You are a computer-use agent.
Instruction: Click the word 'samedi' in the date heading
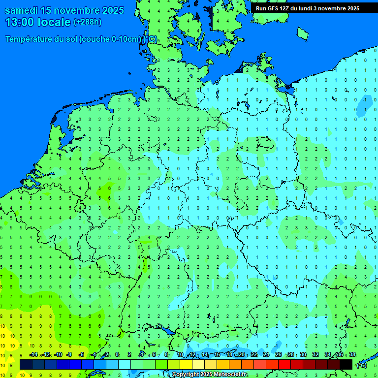click(x=22, y=10)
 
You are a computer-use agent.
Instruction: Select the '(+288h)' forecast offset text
click(x=87, y=22)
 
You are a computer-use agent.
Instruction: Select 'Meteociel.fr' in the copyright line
click(x=227, y=375)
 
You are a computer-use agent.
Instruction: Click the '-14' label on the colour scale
click(x=33, y=355)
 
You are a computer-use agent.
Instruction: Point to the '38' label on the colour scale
click(x=352, y=355)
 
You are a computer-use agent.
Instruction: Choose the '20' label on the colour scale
click(x=242, y=355)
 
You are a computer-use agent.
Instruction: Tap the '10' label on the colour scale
click(x=180, y=355)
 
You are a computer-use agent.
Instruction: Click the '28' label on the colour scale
click(x=291, y=355)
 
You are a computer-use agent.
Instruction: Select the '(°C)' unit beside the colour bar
click(x=361, y=365)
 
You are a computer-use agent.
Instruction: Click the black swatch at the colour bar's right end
click(x=346, y=365)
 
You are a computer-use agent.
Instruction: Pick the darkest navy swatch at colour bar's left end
click(x=26, y=365)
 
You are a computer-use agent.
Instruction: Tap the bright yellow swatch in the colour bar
click(x=186, y=365)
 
